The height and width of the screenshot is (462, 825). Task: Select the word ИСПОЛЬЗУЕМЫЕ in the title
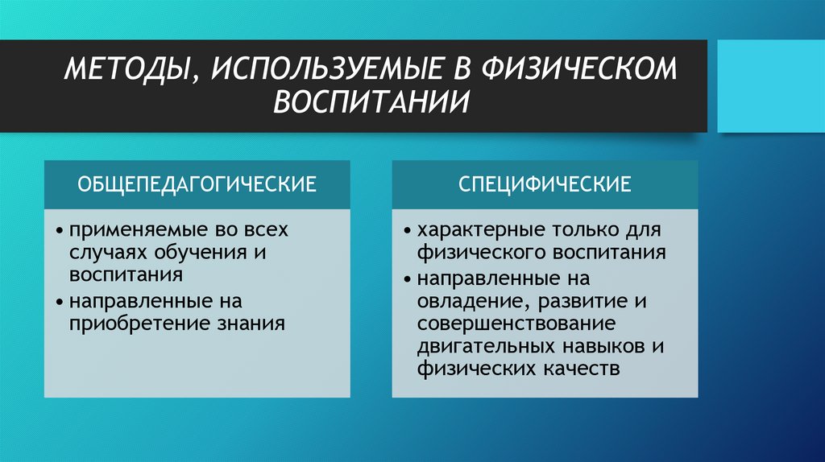pos(324,69)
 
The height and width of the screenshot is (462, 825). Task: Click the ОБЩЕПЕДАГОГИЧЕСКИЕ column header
pos(197,184)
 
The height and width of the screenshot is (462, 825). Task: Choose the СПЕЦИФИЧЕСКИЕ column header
pos(545,184)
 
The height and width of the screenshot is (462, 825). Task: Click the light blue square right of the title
pos(770,85)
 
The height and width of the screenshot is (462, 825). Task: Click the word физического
pos(481,252)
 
